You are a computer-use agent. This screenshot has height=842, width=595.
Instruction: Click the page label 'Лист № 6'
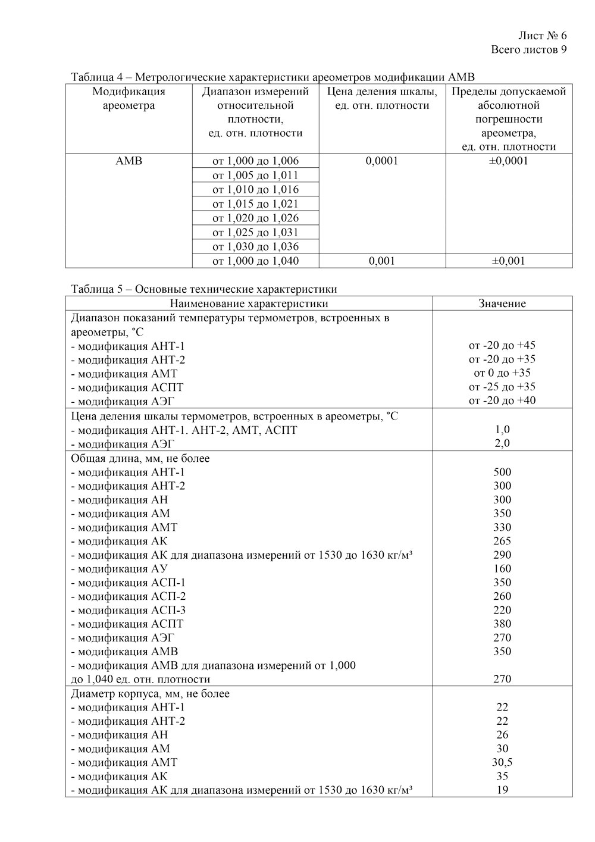[x=543, y=36]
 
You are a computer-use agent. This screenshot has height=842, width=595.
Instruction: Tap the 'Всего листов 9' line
[x=529, y=49]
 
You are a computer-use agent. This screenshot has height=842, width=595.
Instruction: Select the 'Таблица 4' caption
[x=273, y=77]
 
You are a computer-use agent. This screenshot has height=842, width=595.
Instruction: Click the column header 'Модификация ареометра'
[x=129, y=99]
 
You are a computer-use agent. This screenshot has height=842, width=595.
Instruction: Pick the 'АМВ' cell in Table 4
[x=129, y=161]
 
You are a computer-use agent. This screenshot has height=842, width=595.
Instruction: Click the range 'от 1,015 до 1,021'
[x=256, y=204]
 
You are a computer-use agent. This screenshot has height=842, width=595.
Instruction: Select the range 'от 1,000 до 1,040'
[x=256, y=261]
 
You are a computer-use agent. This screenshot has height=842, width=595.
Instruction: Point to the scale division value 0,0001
[x=383, y=161]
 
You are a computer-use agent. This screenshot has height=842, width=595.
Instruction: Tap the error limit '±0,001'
[x=509, y=261]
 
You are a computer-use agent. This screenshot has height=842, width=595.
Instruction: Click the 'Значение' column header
[x=502, y=303]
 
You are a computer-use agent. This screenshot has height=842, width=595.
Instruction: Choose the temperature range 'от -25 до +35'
[x=502, y=387]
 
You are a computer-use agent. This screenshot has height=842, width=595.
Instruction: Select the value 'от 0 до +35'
[x=502, y=373]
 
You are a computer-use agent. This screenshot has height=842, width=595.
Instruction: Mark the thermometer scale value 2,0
[x=502, y=443]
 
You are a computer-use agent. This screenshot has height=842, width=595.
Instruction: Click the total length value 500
[x=502, y=472]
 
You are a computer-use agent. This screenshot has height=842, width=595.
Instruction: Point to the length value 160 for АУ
[x=502, y=569]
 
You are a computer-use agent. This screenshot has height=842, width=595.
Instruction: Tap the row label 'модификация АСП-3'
[x=128, y=610]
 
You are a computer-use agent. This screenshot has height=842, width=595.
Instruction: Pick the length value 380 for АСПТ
[x=502, y=624]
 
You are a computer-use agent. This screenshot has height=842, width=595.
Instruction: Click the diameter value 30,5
[x=502, y=762]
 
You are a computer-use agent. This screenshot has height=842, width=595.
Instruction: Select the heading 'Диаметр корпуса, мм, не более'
[x=150, y=694]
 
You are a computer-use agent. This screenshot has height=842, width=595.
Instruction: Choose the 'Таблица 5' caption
[x=203, y=290]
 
